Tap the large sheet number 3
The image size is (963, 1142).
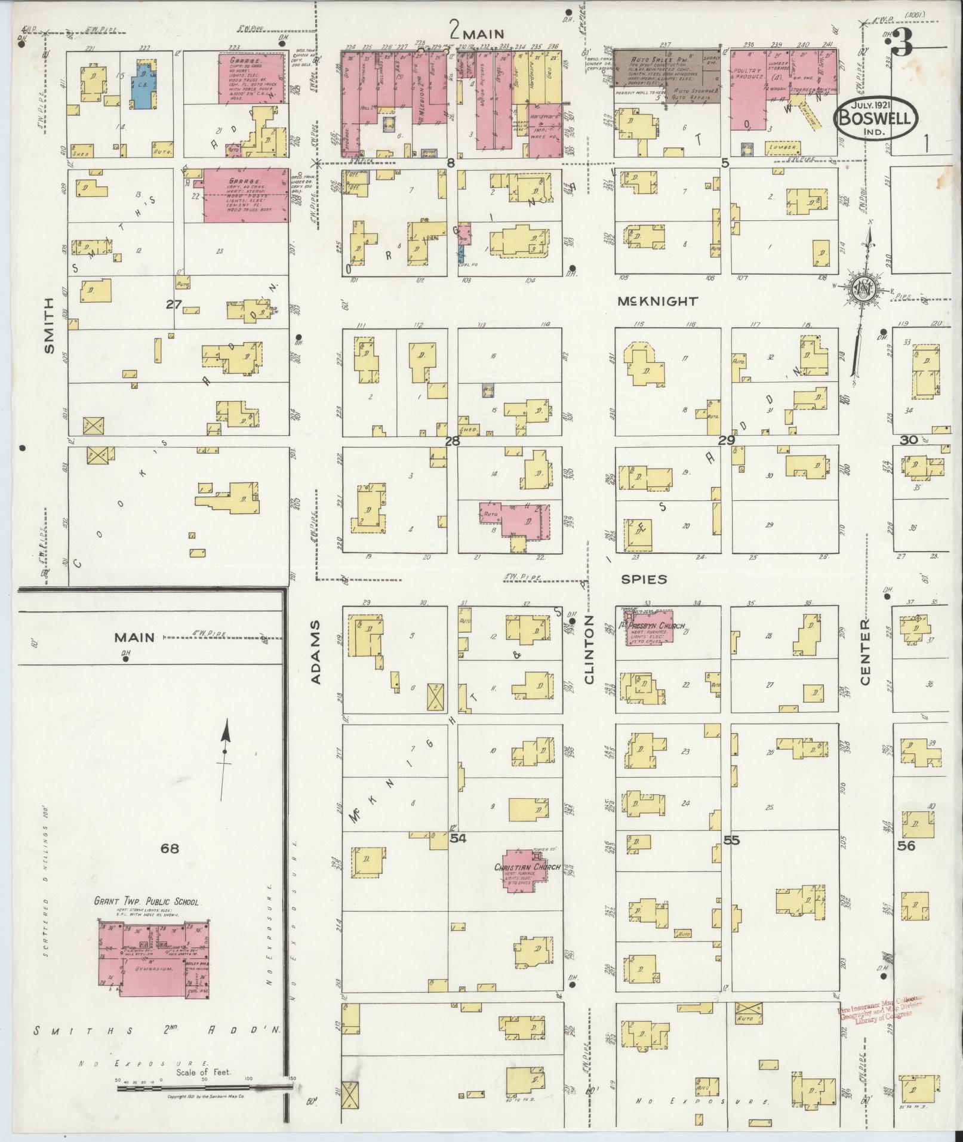click(902, 44)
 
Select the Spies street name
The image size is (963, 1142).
click(644, 578)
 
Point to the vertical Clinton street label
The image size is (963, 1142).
click(589, 648)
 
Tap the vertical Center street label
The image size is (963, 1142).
click(865, 652)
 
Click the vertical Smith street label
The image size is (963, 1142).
click(49, 325)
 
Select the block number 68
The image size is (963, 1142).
click(170, 848)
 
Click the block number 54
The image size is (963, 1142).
click(458, 839)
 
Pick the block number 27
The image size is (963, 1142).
click(174, 304)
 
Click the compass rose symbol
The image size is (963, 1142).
click(863, 290)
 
